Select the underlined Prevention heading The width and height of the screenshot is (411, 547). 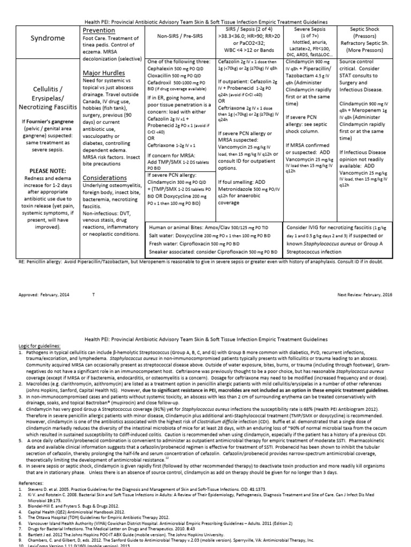(100, 31)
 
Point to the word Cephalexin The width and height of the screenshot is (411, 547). (163, 68)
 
